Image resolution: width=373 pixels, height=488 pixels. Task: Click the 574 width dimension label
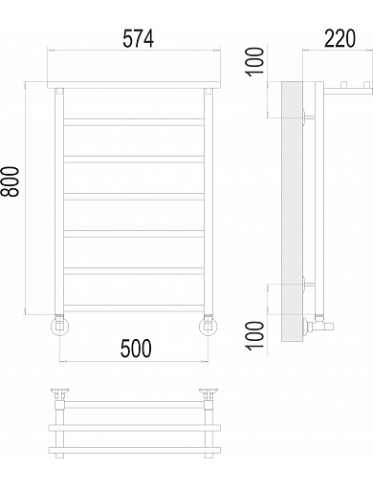tap(139, 38)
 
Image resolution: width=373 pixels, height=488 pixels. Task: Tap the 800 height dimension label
tap(10, 181)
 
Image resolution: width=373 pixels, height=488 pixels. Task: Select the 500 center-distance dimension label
tap(136, 348)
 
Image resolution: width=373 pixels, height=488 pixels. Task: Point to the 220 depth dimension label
tap(340, 38)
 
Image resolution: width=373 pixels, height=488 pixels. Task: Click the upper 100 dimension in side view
tap(255, 61)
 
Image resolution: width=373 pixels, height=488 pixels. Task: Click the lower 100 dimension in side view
tap(255, 336)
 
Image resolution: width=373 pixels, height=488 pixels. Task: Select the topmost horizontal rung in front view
tap(134, 122)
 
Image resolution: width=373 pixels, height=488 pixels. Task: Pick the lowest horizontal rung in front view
tap(134, 308)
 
